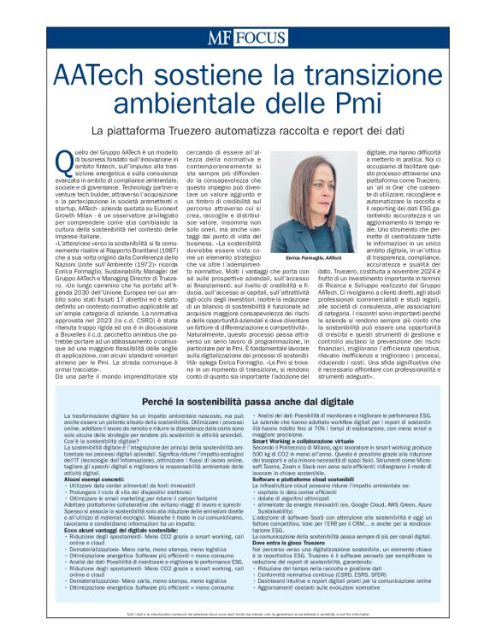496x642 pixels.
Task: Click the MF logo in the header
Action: [x=220, y=38]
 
